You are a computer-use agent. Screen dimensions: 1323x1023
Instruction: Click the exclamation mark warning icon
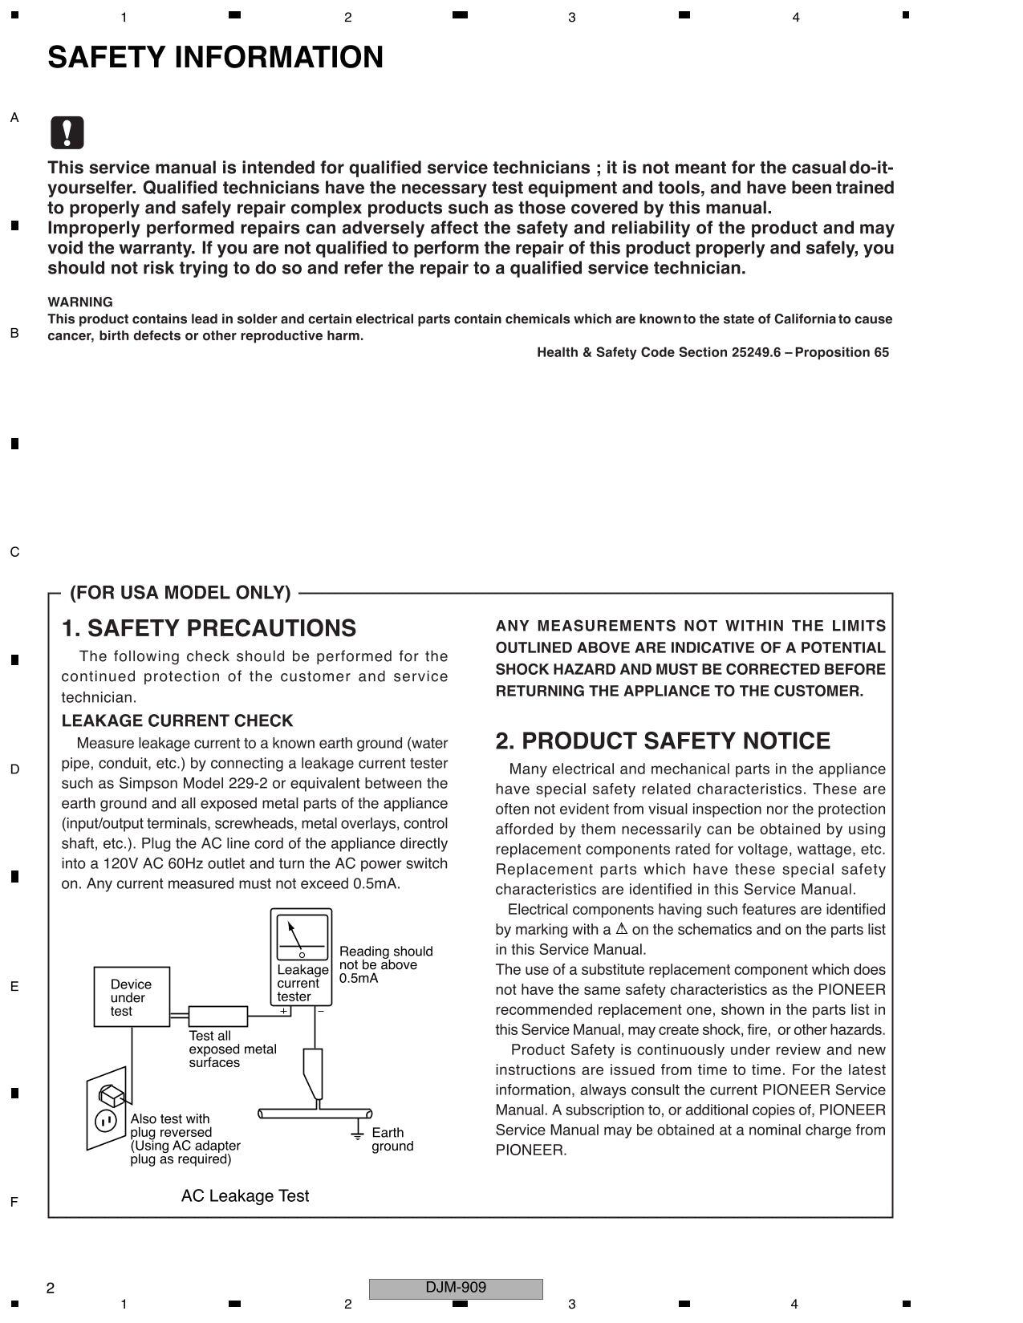click(67, 132)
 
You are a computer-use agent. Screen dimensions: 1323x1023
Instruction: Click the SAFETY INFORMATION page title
click(215, 58)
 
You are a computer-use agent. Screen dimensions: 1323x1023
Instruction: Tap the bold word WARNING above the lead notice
click(80, 302)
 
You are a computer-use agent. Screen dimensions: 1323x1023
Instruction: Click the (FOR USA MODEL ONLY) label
click(180, 593)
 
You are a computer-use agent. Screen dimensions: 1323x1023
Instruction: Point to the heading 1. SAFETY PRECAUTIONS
click(209, 628)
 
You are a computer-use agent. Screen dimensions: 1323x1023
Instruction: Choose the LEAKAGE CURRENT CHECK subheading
click(177, 720)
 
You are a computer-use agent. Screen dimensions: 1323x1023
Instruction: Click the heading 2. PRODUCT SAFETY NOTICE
click(663, 741)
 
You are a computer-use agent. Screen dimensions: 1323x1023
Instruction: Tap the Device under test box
click(132, 997)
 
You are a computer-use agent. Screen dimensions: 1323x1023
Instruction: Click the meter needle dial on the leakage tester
click(302, 936)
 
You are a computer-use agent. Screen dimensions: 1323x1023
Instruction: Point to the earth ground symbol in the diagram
click(358, 1132)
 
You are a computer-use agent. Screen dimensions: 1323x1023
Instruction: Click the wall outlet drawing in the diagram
click(107, 1108)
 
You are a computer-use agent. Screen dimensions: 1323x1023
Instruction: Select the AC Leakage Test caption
click(245, 1196)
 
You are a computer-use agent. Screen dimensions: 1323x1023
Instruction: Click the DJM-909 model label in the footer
click(456, 1288)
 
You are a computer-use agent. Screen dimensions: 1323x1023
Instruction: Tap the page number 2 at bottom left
click(51, 1289)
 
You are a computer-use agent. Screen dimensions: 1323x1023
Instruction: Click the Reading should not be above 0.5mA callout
click(385, 964)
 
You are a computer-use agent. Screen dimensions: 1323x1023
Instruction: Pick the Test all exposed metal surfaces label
click(232, 1049)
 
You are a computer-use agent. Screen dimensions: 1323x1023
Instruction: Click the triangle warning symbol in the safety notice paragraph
click(621, 929)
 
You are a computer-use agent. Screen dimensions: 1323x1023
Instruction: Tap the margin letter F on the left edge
click(14, 1202)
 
